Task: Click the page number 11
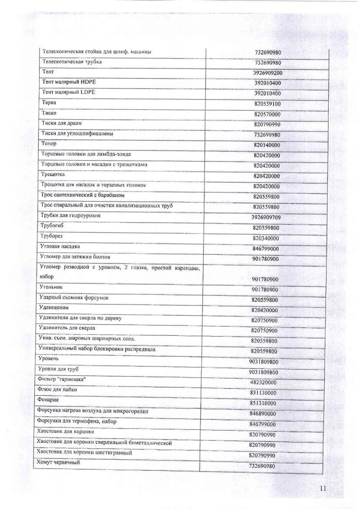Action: (323, 489)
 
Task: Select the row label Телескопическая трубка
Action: (72, 62)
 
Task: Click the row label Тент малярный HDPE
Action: (70, 82)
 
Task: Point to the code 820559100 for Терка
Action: (267, 104)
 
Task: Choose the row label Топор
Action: (48, 143)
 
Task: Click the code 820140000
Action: (267, 145)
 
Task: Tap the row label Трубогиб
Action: (52, 226)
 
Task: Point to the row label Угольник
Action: (51, 287)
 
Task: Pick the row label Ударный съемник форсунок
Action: (74, 297)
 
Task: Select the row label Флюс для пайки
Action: (57, 390)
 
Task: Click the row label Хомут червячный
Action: (58, 462)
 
